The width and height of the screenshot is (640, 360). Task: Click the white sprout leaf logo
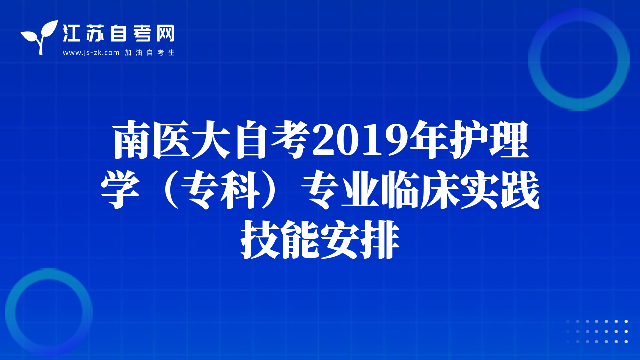pos(39,37)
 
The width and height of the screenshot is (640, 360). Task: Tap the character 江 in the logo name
pos(71,33)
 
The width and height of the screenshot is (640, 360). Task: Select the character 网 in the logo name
pos(165,33)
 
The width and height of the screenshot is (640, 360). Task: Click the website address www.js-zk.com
pos(91,53)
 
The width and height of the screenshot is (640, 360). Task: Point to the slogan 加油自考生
pos(150,53)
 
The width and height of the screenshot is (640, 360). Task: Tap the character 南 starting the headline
pos(132,139)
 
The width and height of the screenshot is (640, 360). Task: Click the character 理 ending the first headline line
pos(508,139)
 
